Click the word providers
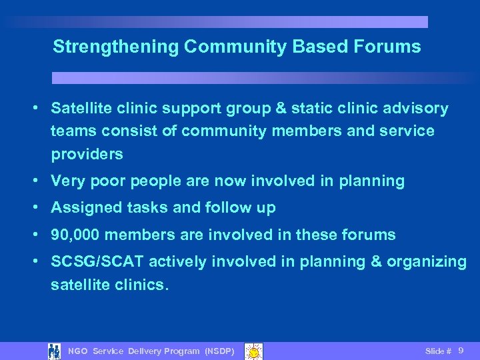(87, 154)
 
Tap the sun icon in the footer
(253, 351)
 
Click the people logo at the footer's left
(55, 351)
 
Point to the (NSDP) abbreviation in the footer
(219, 351)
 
